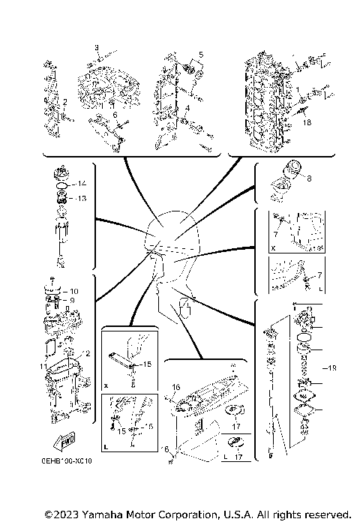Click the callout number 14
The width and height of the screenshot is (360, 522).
click(x=82, y=184)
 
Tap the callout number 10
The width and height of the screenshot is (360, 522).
click(x=73, y=290)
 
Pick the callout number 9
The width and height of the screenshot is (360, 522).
click(x=73, y=300)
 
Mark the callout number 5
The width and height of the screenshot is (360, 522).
click(x=200, y=55)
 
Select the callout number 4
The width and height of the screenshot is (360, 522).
click(x=188, y=109)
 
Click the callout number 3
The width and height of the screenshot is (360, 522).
click(x=97, y=48)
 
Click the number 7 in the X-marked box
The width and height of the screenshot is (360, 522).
click(x=276, y=223)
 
